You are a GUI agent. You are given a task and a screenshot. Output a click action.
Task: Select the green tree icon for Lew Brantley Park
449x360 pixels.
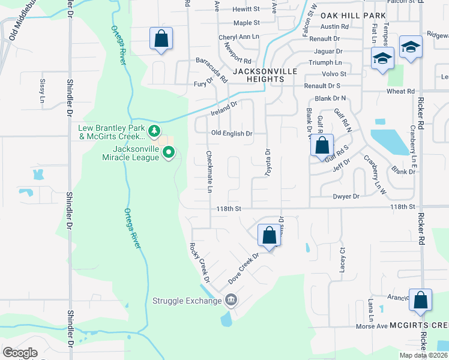tap(155, 130)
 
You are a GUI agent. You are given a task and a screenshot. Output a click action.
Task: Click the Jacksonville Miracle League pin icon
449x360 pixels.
tap(169, 153)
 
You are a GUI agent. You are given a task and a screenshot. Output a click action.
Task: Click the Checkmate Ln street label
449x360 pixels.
tap(209, 172)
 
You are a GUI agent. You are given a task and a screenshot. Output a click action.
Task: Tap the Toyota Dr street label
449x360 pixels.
tap(268, 163)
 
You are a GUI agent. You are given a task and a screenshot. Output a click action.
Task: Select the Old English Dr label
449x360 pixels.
tap(231, 133)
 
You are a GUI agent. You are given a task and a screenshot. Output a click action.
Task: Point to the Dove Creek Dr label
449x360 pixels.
tap(243, 268)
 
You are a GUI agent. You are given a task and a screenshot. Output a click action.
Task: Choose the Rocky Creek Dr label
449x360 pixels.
tap(199, 263)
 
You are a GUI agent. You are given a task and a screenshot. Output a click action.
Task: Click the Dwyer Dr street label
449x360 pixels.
tap(346, 196)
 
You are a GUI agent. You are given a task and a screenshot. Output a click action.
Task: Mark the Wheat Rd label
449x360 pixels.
tap(401, 91)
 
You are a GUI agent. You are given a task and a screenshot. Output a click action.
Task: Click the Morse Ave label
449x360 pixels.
tap(372, 326)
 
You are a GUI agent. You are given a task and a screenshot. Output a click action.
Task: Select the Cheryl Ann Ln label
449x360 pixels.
tap(238, 36)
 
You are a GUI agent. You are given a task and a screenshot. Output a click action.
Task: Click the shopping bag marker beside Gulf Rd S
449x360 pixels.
tap(322, 146)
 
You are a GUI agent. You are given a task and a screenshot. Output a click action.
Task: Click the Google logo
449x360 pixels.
tap(20, 352)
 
